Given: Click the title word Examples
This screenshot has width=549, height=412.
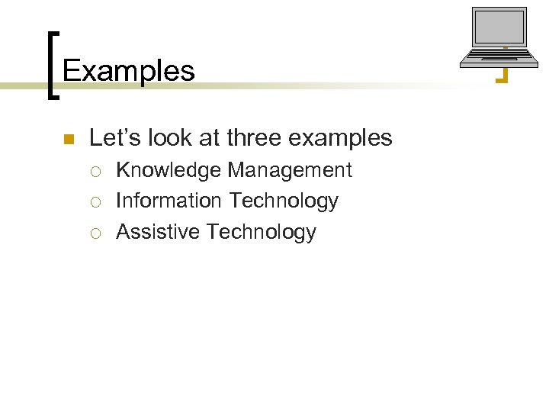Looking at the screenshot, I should pos(128,71).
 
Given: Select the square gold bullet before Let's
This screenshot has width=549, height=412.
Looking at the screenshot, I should pos(67,139).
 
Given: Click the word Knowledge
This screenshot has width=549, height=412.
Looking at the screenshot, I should pos(169,170).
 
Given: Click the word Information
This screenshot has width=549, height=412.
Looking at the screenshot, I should pos(168,201).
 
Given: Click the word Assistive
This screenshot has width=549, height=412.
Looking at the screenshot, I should pos(158,232).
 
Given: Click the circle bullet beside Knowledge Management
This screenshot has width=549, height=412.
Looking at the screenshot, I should pos(97,171).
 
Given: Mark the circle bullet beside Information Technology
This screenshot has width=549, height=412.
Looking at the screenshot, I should pos(97,201).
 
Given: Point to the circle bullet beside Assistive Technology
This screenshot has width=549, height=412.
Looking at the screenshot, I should pos(97,233).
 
